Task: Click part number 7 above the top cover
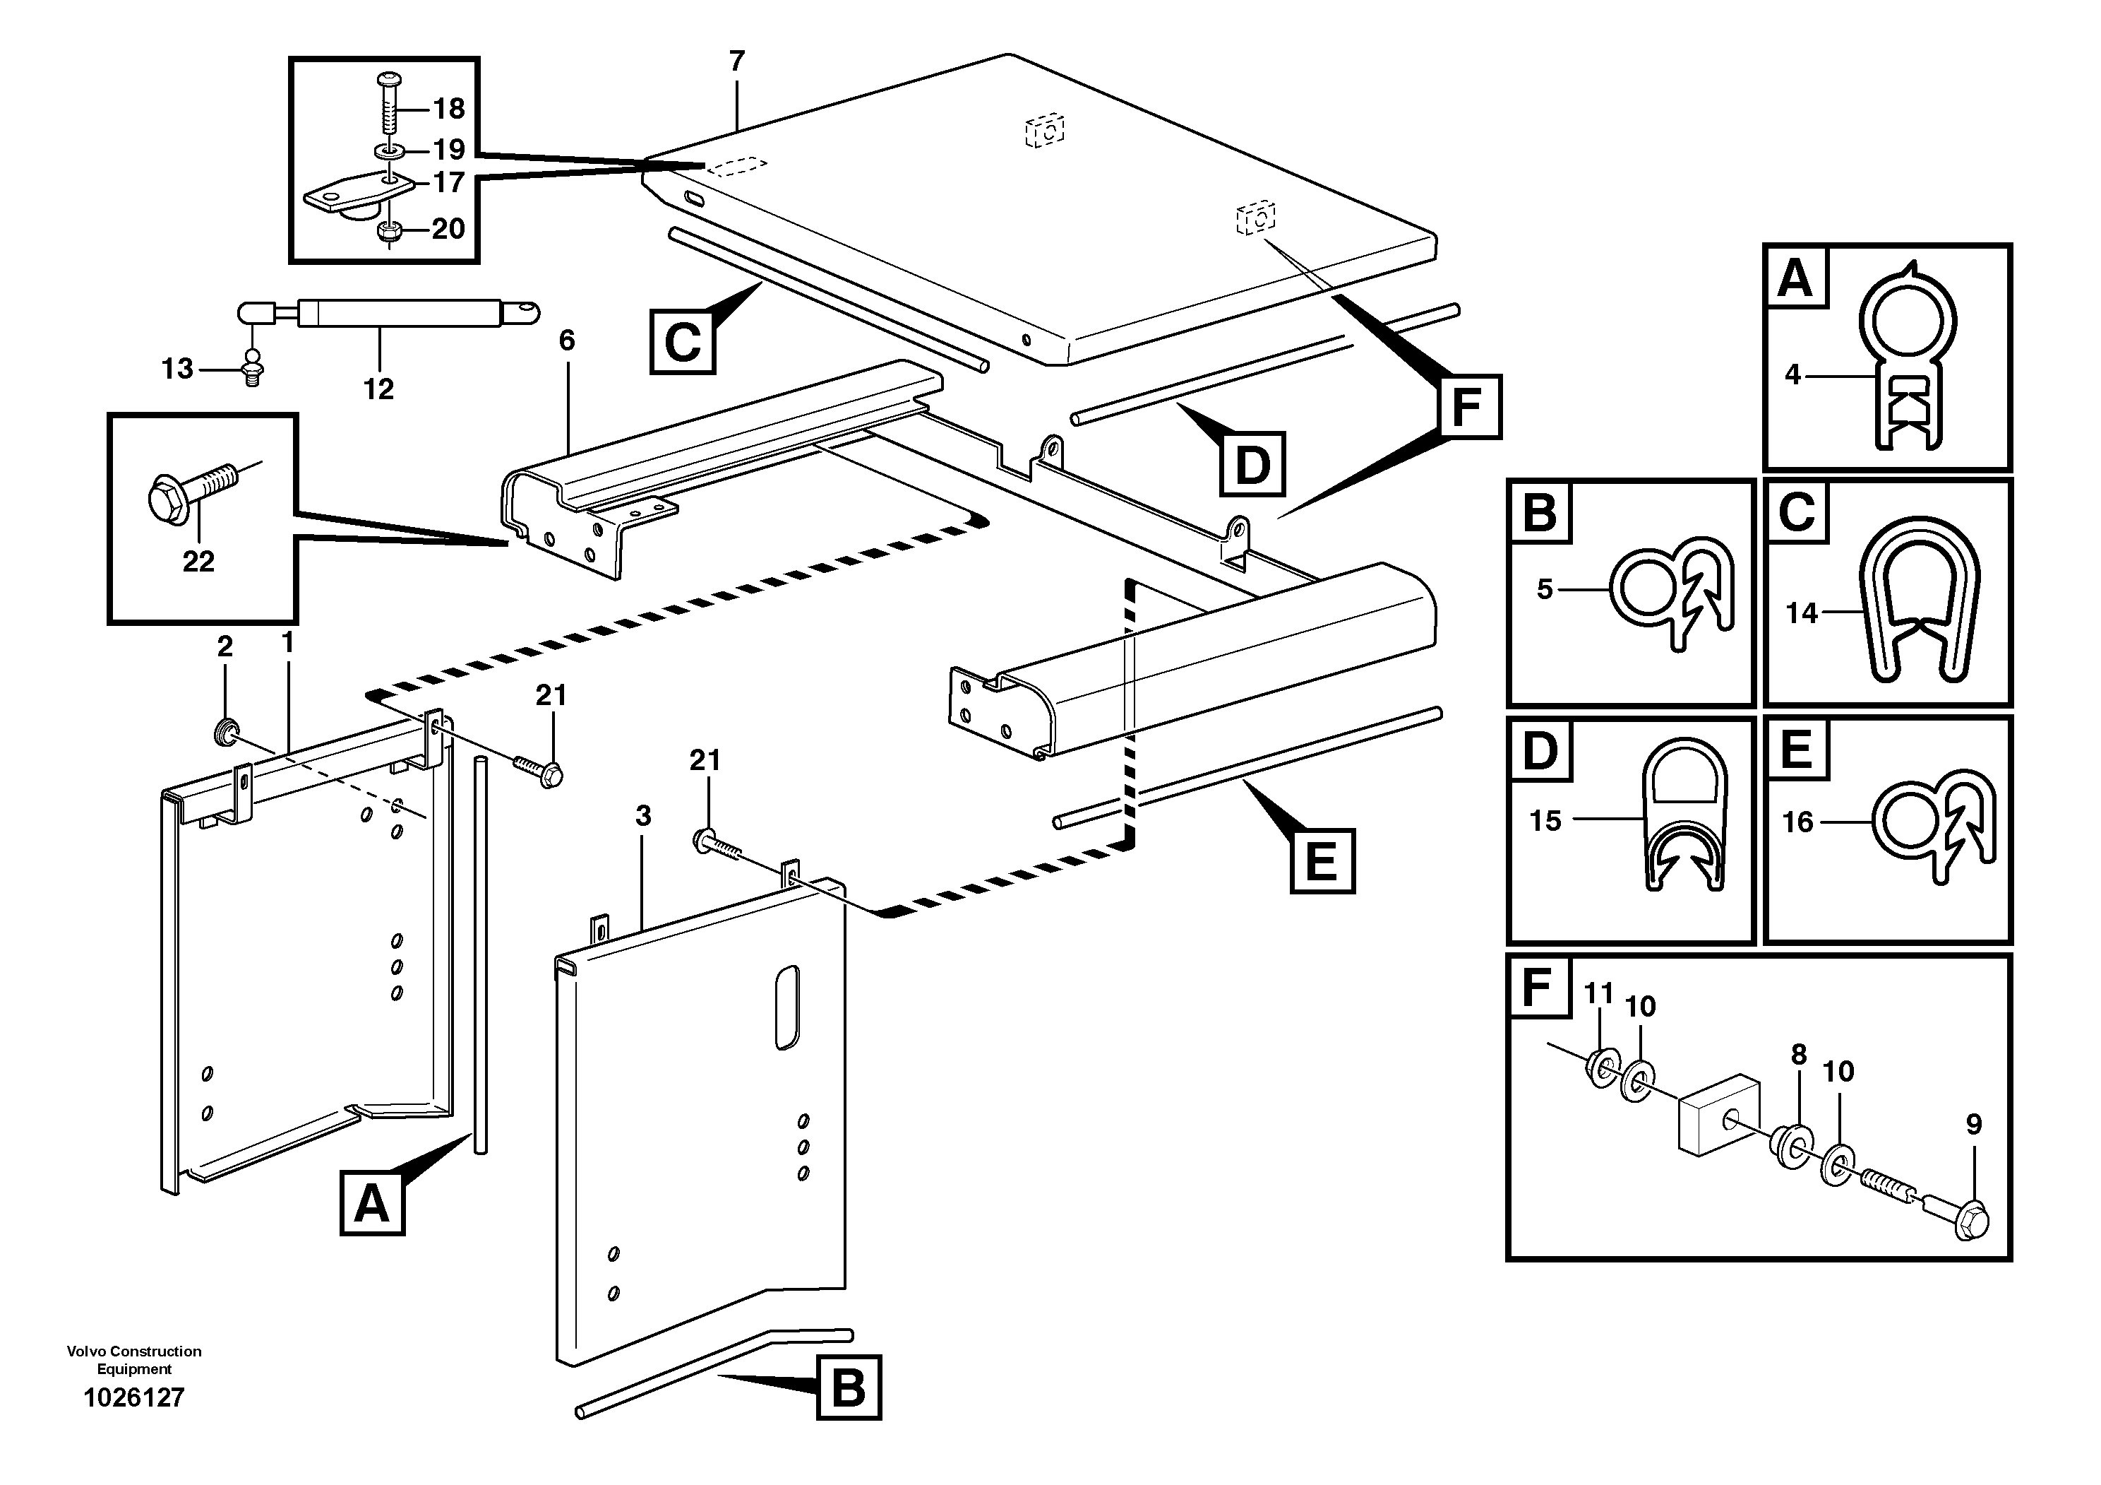click(x=736, y=62)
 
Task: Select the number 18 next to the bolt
click(x=448, y=109)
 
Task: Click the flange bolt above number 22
click(x=188, y=495)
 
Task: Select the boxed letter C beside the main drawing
click(x=683, y=343)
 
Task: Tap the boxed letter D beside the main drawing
click(x=1252, y=464)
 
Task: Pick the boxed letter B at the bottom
click(x=849, y=1388)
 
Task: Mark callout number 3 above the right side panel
click(x=643, y=816)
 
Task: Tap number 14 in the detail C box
click(x=1801, y=613)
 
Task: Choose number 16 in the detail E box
click(x=1797, y=822)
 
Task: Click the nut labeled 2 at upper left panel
click(x=222, y=730)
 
